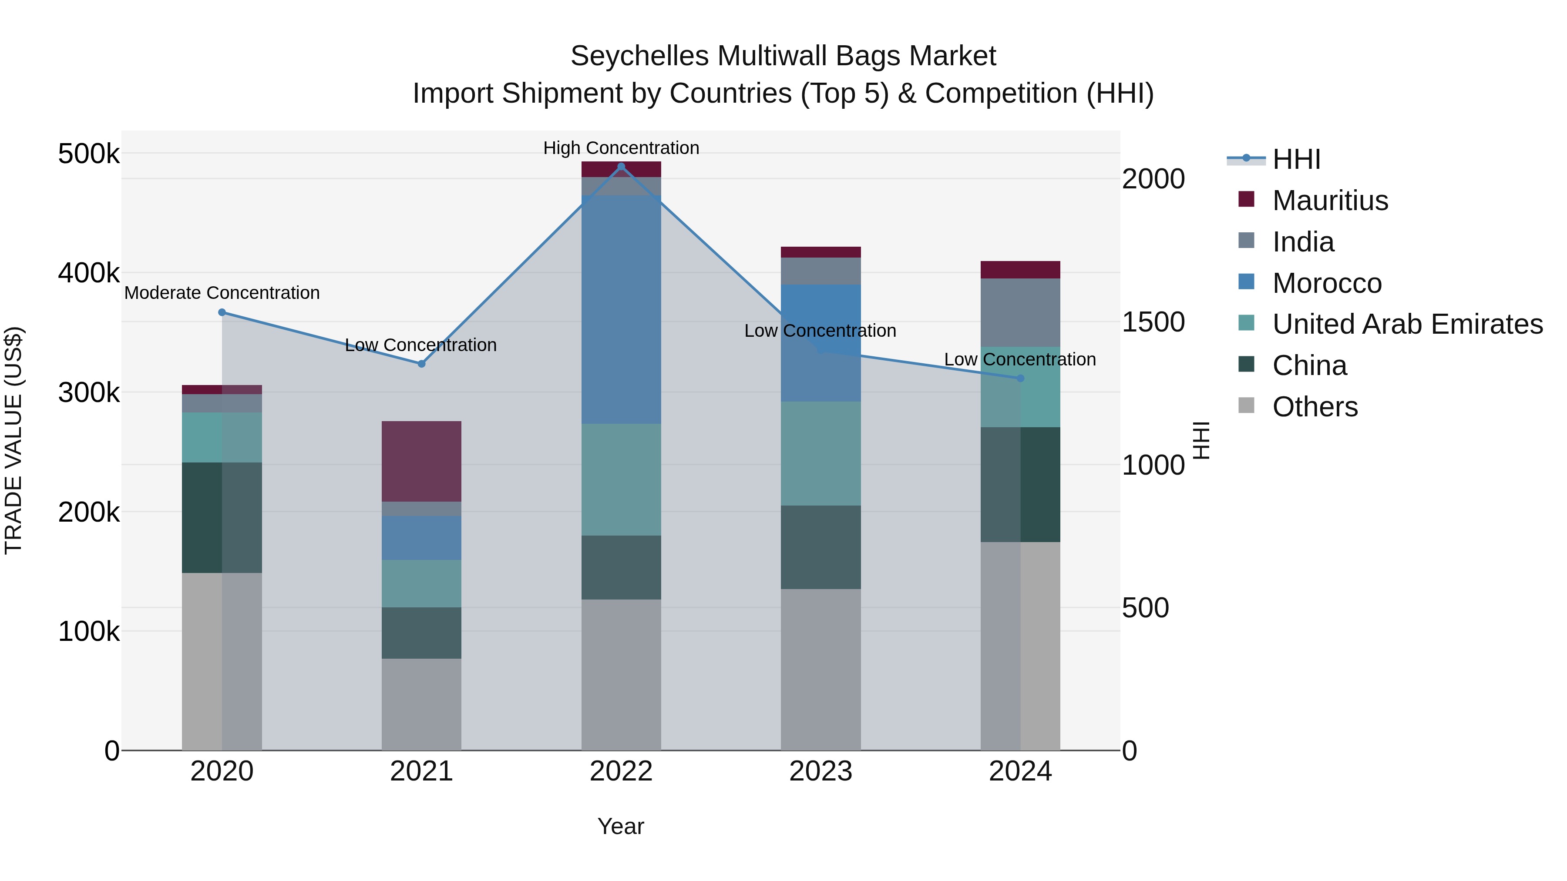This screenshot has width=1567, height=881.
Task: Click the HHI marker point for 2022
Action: point(621,166)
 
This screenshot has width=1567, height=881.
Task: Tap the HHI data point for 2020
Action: point(222,312)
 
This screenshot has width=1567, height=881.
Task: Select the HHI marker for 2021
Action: point(421,364)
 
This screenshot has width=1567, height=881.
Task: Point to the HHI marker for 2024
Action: point(1021,378)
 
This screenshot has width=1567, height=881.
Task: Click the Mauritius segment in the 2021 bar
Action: point(421,461)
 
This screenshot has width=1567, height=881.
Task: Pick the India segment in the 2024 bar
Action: point(1021,312)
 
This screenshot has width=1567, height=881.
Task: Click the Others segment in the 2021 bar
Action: point(421,704)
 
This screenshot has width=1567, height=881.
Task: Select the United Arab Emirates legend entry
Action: point(1407,324)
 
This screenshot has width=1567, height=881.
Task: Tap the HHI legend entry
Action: point(1296,159)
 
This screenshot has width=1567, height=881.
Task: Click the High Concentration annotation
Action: point(621,148)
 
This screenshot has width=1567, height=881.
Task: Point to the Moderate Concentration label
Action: point(222,293)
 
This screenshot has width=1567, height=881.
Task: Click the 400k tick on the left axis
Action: point(89,273)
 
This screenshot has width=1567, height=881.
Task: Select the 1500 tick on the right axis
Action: point(1153,322)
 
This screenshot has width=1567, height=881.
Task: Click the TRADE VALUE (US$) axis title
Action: point(13,440)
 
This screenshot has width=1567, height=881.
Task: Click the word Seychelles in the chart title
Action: point(639,56)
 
